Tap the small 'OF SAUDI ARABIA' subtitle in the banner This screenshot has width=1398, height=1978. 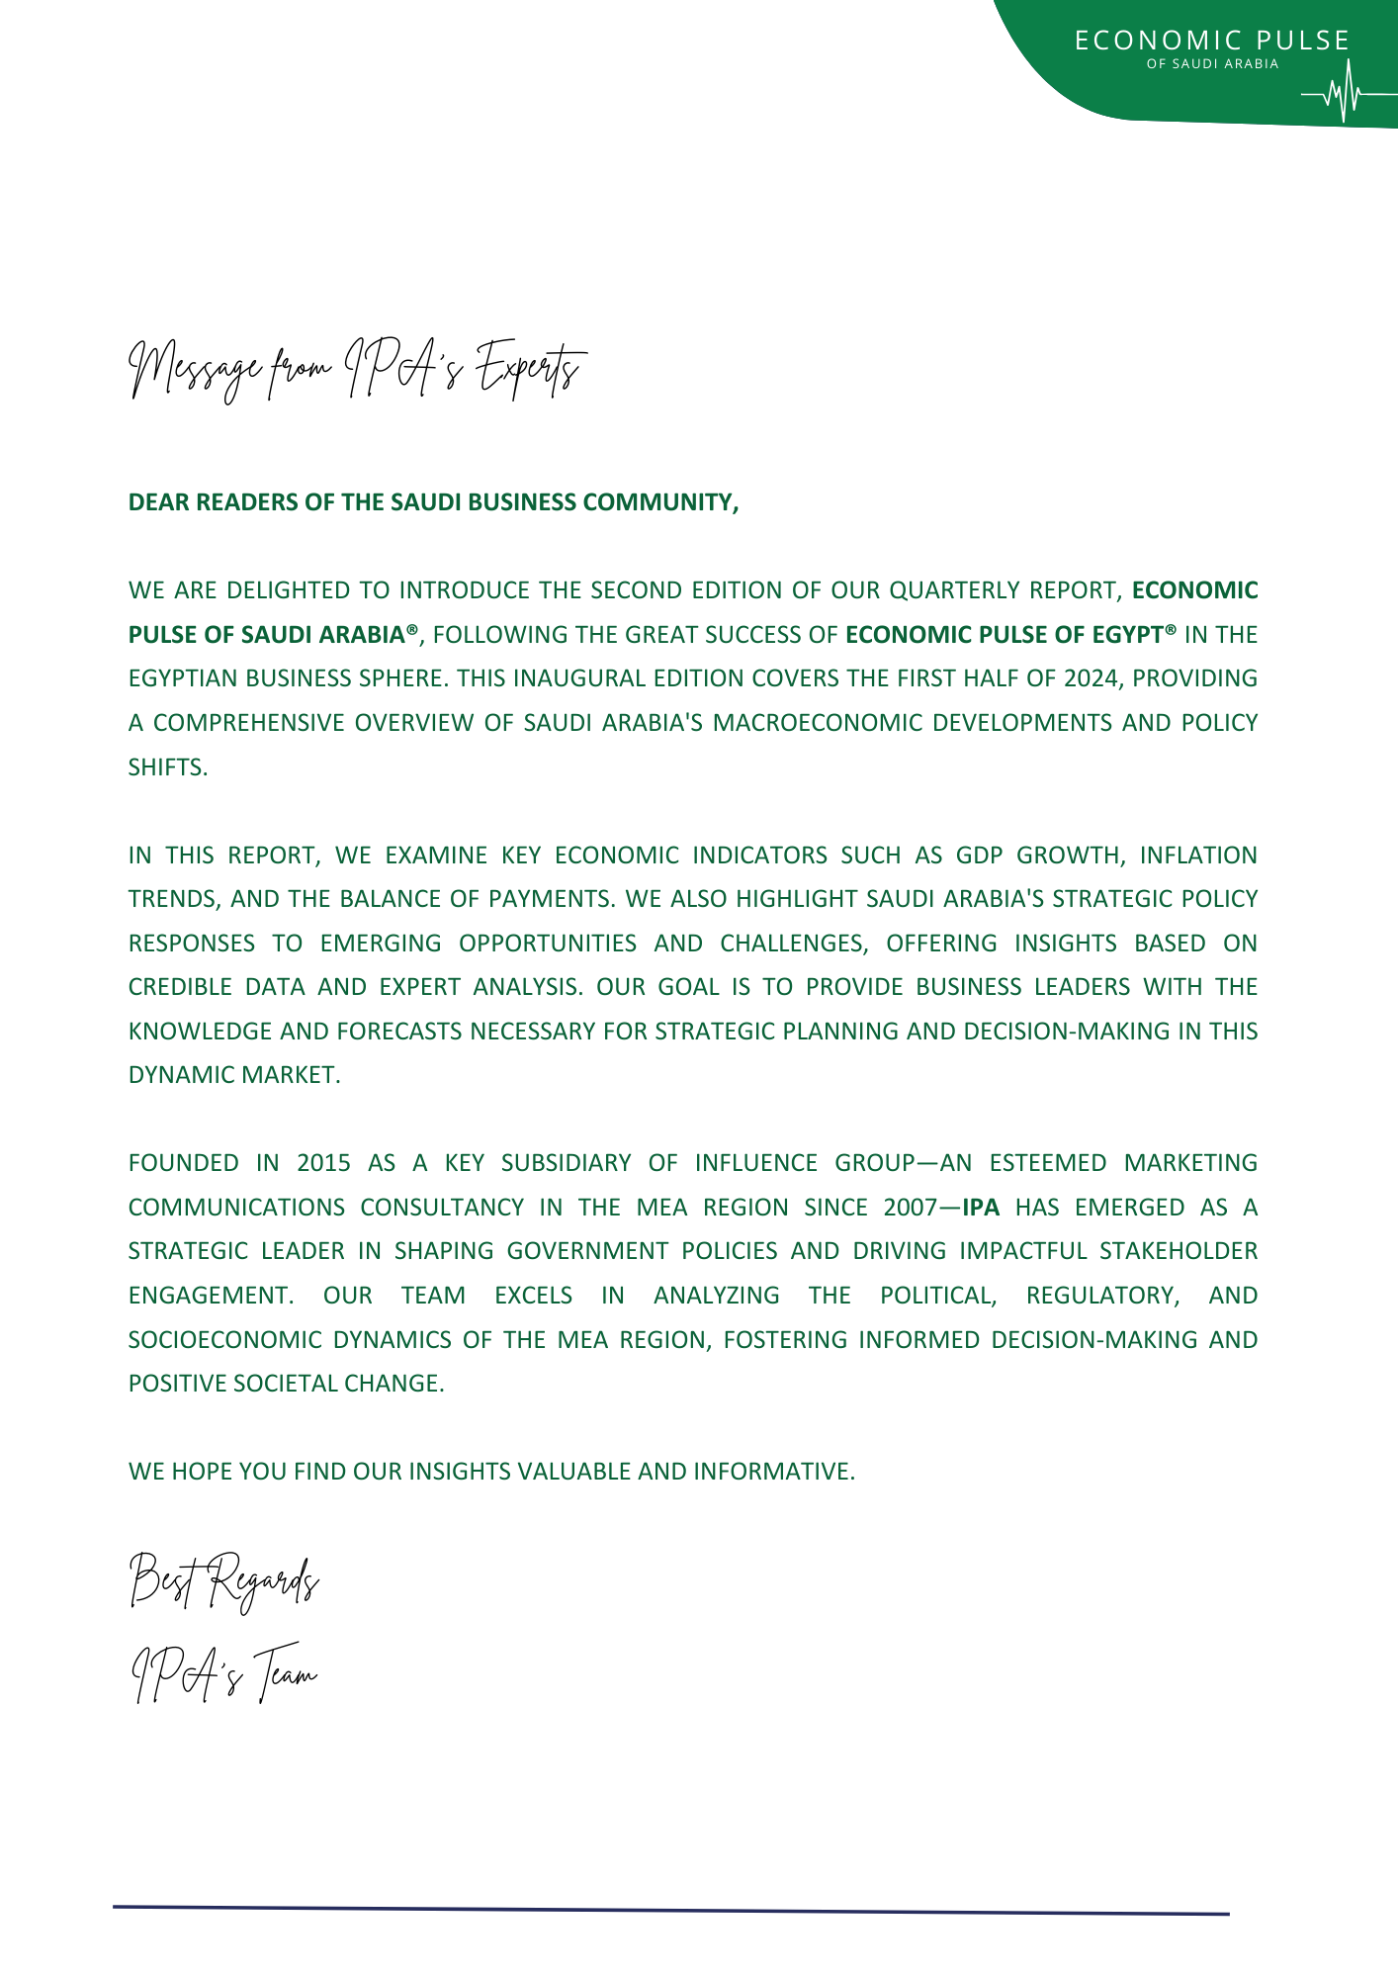tap(1212, 64)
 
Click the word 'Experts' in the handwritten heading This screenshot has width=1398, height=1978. tap(527, 372)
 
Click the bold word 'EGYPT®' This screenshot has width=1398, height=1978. tap(1135, 634)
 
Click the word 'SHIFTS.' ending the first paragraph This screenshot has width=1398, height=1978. tap(168, 767)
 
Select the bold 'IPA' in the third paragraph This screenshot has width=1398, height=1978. tap(981, 1208)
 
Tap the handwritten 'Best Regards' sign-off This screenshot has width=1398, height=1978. tap(223, 1581)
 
